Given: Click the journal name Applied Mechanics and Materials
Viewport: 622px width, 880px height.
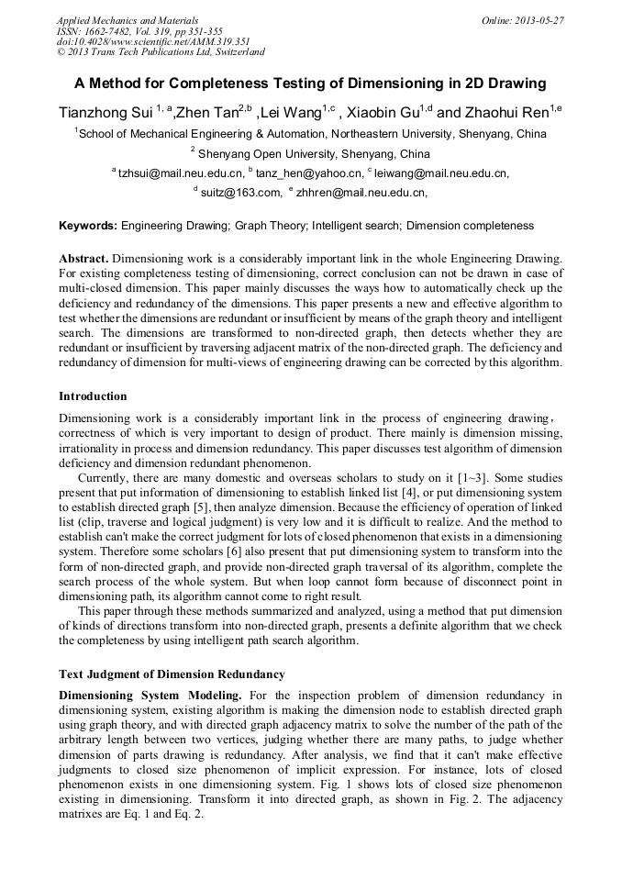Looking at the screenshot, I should [128, 19].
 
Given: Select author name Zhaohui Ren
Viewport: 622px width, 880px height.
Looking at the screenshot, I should [505, 112].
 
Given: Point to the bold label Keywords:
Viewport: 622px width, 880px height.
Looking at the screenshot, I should [88, 225].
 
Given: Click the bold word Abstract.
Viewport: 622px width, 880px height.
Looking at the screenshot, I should [84, 258].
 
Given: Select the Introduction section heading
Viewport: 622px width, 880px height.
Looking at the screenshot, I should [93, 396].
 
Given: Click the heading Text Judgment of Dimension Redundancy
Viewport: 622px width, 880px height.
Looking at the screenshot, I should [172, 674].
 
